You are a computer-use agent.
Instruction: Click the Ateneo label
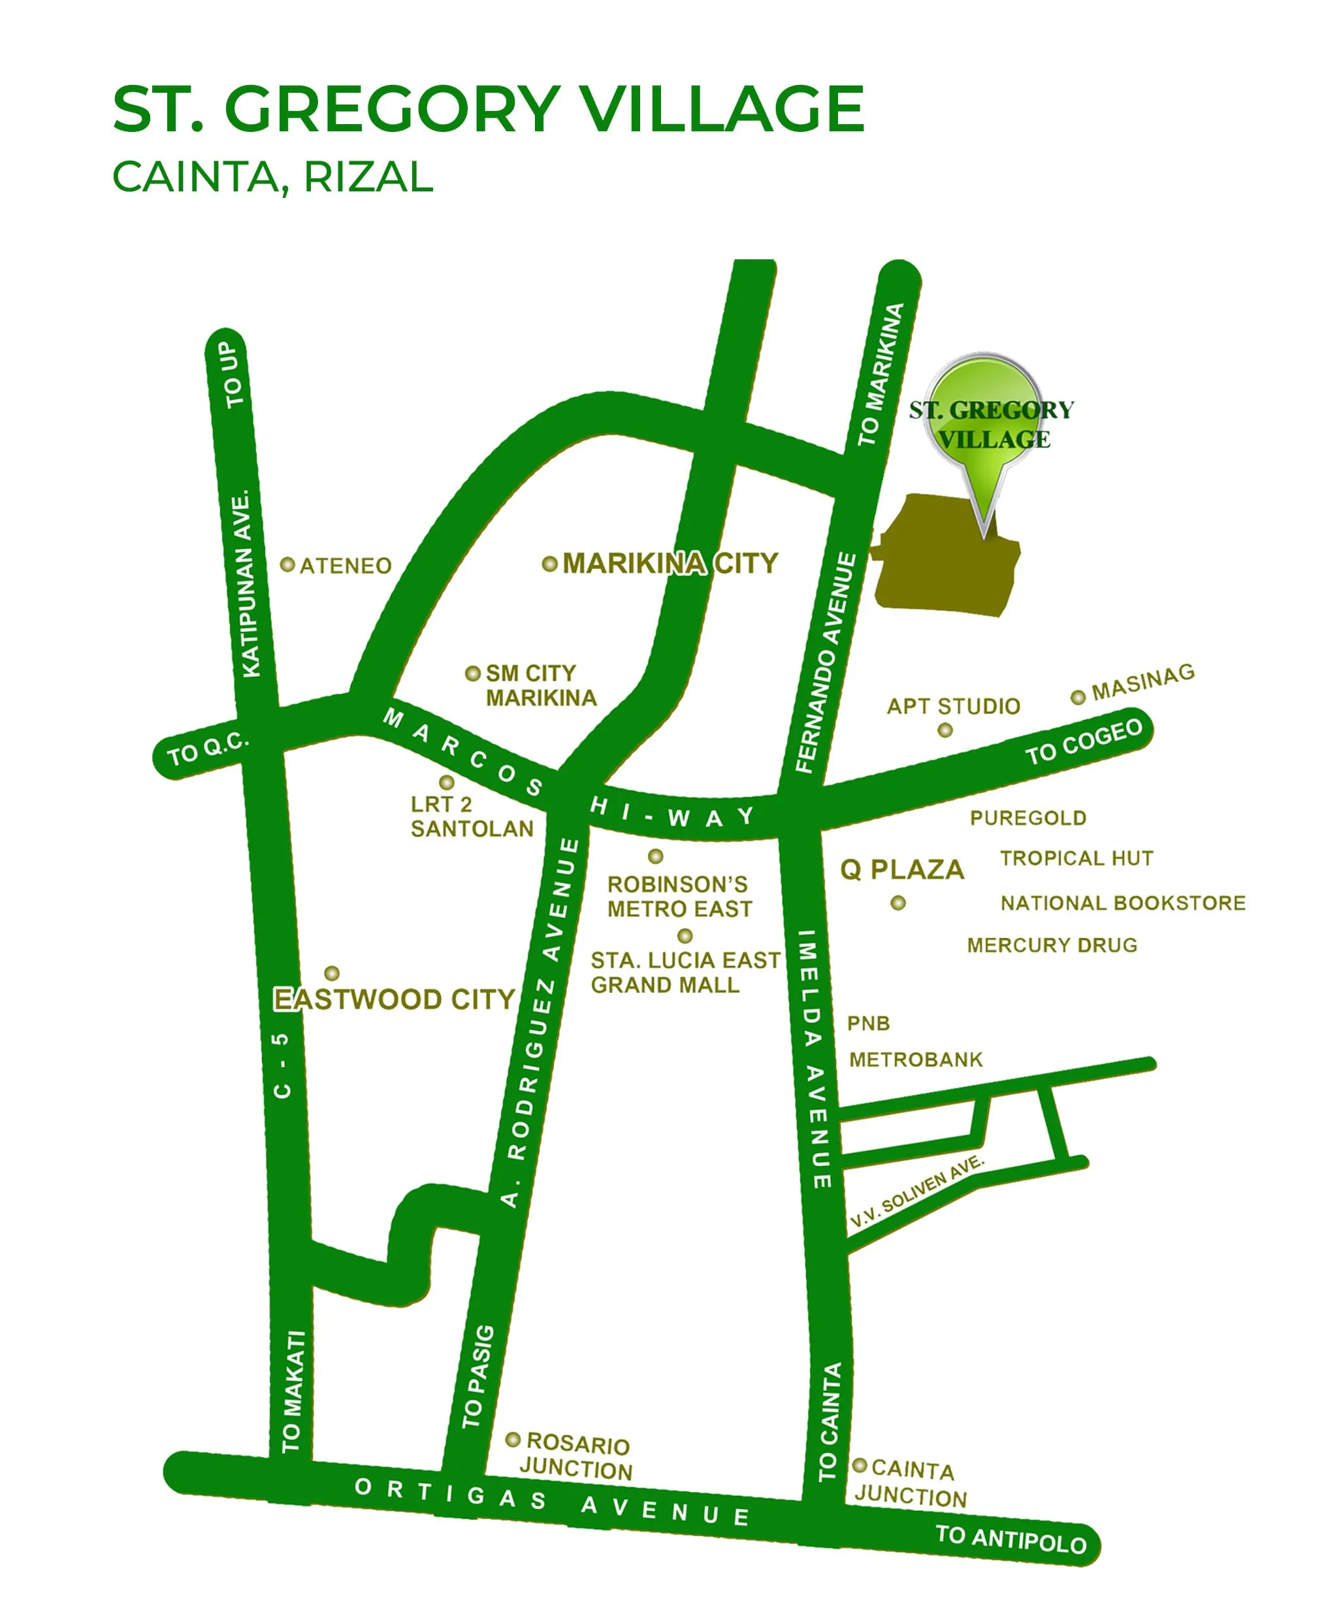[x=346, y=566]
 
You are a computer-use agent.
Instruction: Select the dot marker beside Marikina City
[x=549, y=564]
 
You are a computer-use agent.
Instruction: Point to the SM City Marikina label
[x=541, y=685]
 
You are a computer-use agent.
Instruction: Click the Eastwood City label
[x=395, y=999]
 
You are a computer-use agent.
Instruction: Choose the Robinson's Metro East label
[x=679, y=896]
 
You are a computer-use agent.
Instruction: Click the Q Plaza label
[x=901, y=869]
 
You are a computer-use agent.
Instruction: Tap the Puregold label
[x=1027, y=818]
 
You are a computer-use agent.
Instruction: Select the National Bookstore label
[x=1123, y=903]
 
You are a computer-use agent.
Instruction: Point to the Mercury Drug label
[x=1052, y=945]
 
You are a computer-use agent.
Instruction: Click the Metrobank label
[x=915, y=1060]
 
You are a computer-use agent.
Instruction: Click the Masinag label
[x=1142, y=682]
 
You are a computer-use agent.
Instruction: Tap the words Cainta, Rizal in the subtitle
[x=272, y=177]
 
